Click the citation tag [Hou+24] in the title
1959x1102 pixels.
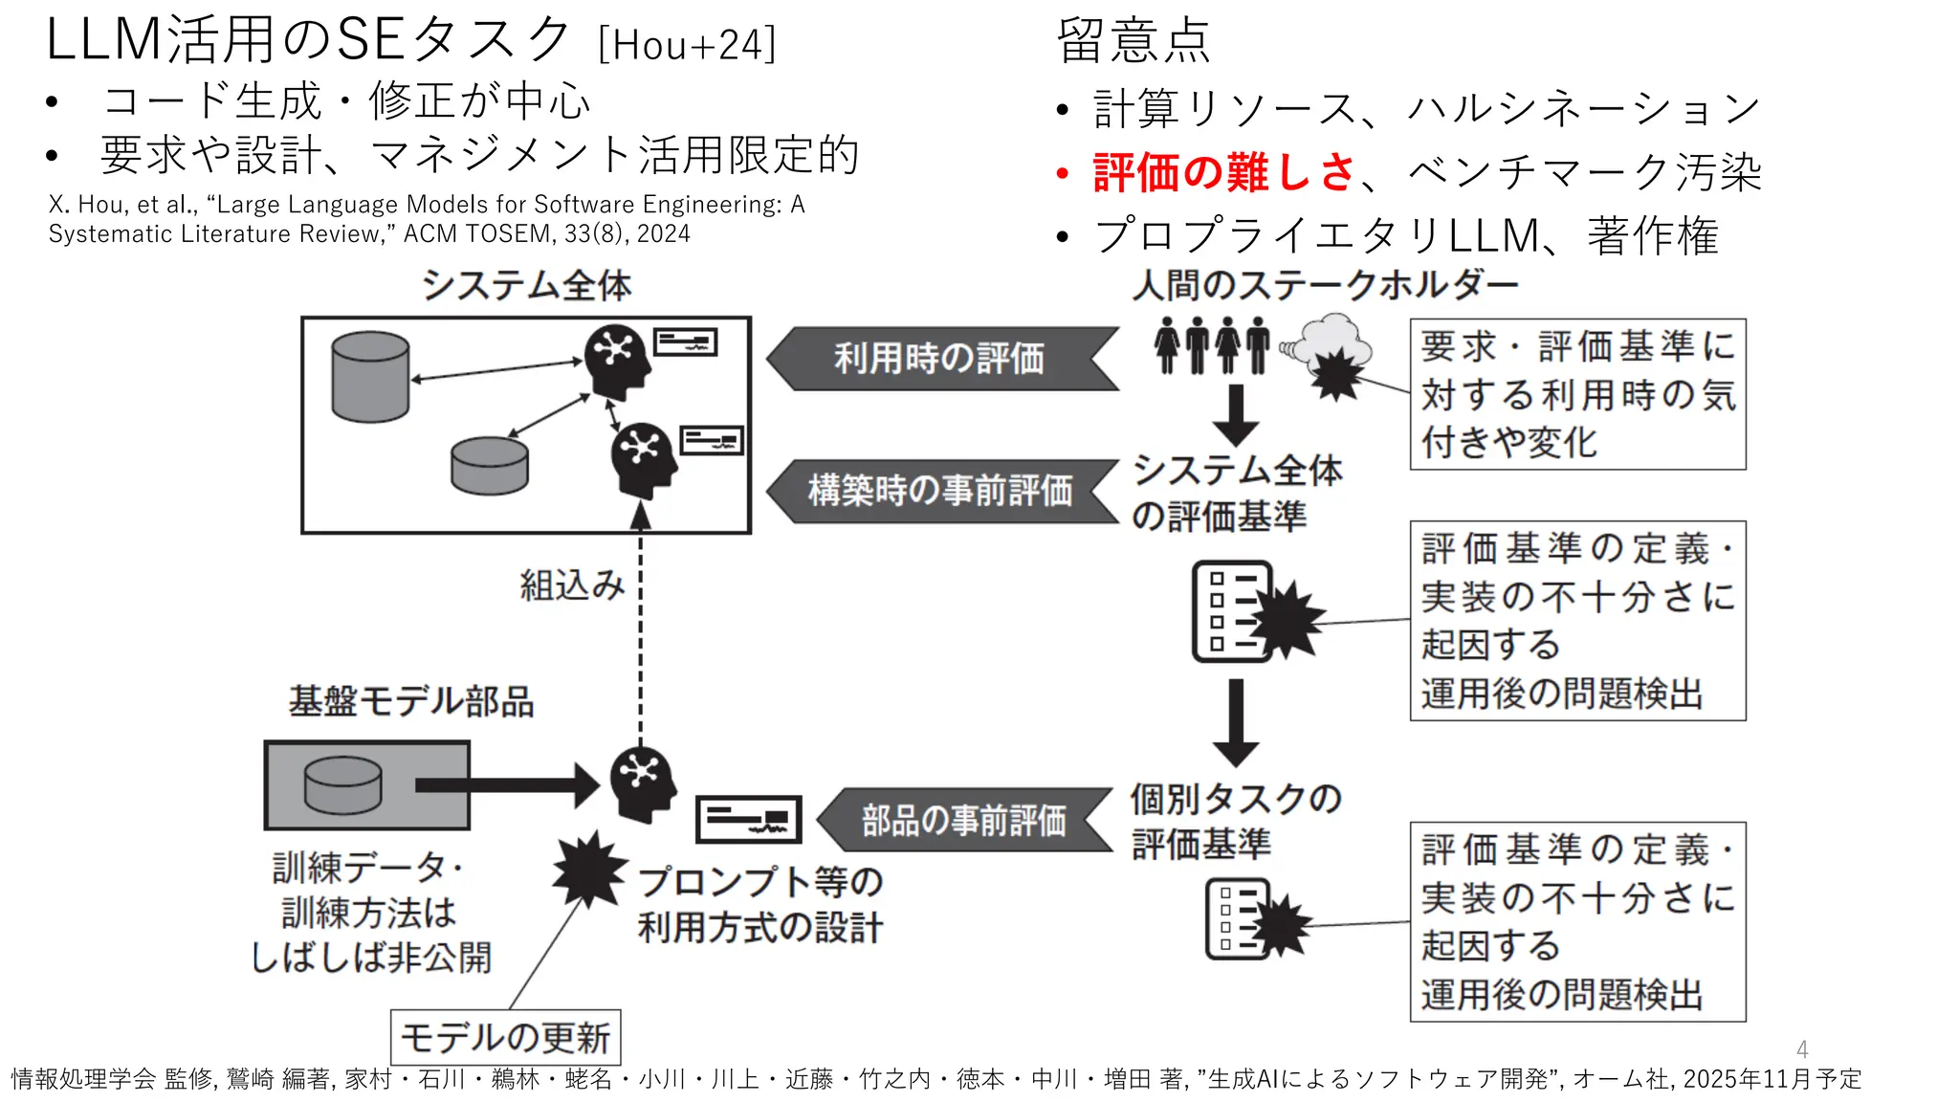[687, 45]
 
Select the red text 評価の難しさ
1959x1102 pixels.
[1223, 172]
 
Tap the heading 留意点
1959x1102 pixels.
[1134, 41]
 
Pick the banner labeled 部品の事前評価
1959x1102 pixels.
[964, 820]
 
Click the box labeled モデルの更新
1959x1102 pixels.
[505, 1037]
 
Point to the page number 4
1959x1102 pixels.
[1802, 1049]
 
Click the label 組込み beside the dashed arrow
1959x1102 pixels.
[572, 584]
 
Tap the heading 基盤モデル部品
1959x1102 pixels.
[410, 701]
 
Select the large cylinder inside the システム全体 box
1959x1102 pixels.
[370, 376]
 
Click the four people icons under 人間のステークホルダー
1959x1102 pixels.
[1211, 344]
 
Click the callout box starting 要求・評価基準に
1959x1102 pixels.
[1577, 394]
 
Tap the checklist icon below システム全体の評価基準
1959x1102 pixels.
[1232, 611]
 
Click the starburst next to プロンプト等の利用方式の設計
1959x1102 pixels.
[587, 869]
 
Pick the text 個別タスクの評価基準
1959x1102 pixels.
[1234, 821]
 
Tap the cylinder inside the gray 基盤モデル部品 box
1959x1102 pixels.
[342, 784]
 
